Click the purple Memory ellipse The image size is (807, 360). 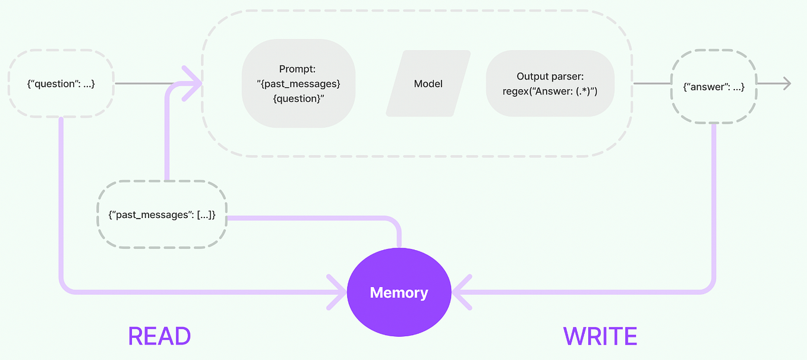[399, 292]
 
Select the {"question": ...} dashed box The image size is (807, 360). [61, 84]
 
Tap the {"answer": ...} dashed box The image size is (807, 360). [714, 87]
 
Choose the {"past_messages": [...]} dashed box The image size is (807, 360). [162, 214]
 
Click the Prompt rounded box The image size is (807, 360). [298, 83]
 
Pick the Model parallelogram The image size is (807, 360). [428, 84]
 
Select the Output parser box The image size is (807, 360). [550, 84]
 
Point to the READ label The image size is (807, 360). [159, 336]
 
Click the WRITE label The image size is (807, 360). [600, 336]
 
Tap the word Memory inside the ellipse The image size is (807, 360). [399, 292]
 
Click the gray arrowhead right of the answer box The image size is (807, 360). [786, 84]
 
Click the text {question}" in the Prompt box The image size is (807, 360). [298, 98]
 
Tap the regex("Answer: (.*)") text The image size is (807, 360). [550, 92]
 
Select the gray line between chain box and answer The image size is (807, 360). [651, 84]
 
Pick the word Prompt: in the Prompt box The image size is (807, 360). [298, 69]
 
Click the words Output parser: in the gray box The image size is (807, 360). [550, 76]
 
